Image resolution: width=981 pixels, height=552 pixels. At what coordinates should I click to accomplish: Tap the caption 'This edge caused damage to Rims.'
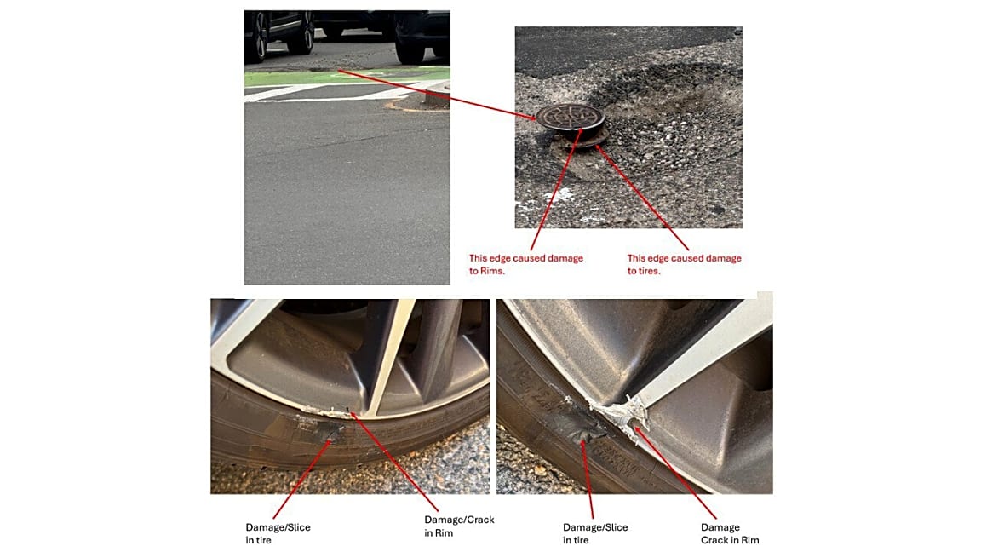point(526,264)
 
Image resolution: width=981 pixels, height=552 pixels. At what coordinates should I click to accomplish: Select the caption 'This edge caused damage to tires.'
point(685,264)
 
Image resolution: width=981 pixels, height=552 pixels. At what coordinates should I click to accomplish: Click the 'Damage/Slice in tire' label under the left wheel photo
point(278,534)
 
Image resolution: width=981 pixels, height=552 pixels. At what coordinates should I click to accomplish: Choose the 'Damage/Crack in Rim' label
point(459,526)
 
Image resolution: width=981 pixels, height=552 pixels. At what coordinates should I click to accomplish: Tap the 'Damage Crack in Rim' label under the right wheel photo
point(730,534)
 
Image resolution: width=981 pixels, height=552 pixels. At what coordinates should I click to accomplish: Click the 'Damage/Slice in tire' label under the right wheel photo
point(595,534)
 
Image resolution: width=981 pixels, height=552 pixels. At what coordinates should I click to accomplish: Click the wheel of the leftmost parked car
point(257,37)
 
